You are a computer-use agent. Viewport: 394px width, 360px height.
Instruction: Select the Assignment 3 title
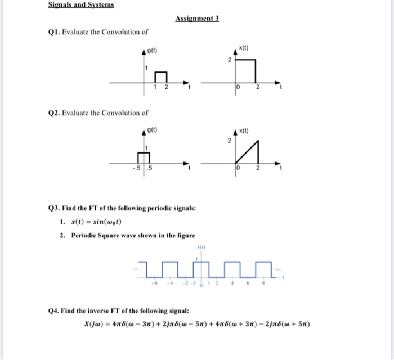tap(197, 19)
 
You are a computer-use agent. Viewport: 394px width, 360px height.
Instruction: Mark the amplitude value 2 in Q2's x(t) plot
tap(229, 141)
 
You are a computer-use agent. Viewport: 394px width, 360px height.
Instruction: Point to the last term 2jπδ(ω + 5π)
tap(285, 325)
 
